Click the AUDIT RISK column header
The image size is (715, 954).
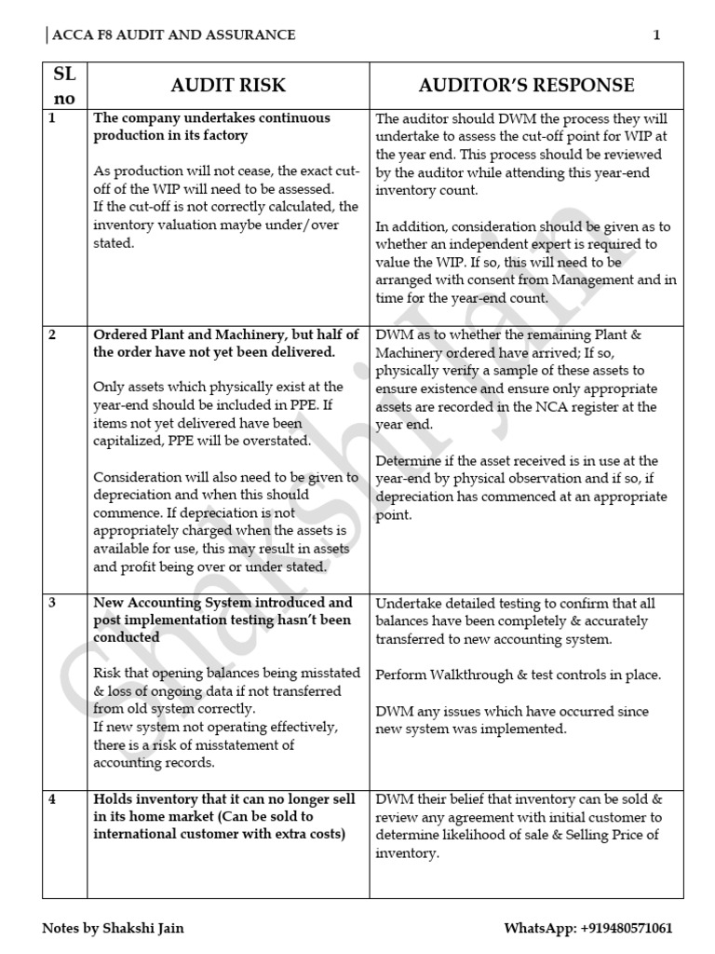[228, 86]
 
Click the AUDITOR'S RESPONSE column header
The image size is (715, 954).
[526, 86]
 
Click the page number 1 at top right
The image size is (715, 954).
[656, 35]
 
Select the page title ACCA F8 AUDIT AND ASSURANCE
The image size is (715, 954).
[174, 35]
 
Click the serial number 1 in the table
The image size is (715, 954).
[52, 119]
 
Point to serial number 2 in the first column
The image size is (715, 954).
[52, 334]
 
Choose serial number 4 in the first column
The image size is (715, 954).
[52, 799]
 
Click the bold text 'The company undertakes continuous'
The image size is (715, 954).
[211, 119]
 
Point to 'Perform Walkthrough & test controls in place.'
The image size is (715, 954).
[518, 674]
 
